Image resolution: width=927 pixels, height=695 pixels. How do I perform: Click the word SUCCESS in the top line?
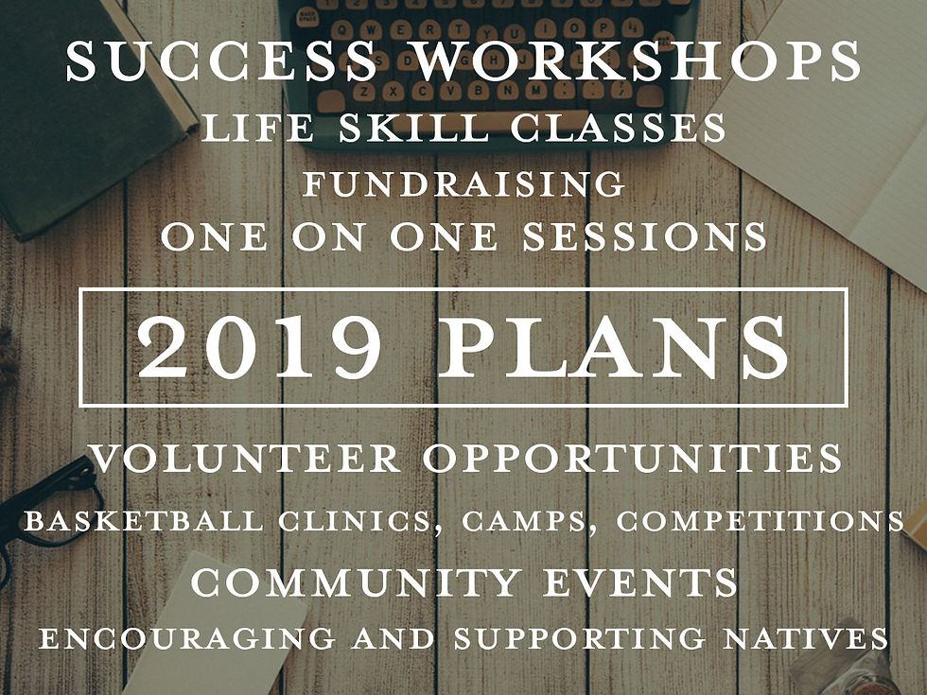coord(221,61)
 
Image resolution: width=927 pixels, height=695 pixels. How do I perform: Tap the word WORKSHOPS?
coord(638,61)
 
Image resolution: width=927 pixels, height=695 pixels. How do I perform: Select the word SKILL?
coord(414,127)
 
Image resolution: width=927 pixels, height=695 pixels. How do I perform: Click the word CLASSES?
coord(619,127)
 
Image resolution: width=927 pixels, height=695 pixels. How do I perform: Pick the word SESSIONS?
coord(644,237)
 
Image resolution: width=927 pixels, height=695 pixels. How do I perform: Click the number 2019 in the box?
coord(259,348)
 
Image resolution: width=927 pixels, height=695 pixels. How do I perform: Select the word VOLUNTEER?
coord(245,458)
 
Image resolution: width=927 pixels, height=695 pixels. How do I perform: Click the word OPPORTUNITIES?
coord(633,458)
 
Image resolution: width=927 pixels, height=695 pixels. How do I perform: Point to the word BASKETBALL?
coord(144,521)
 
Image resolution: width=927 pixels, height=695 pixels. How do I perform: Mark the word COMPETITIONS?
coord(760,521)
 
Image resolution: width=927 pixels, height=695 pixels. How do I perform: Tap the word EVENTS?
coord(640,582)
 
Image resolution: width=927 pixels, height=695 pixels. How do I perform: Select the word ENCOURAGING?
coord(187,638)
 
